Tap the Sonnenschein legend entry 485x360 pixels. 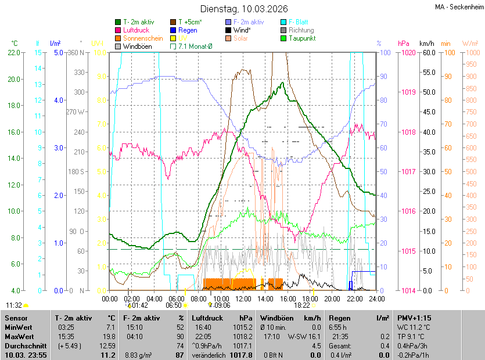click(x=143, y=38)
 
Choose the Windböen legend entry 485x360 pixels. click(x=137, y=46)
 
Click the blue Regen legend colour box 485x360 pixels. click(x=173, y=30)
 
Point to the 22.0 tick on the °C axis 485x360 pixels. click(x=13, y=53)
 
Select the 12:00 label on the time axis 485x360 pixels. click(x=243, y=299)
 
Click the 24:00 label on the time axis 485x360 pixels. click(x=377, y=299)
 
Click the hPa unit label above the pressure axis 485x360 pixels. click(x=403, y=44)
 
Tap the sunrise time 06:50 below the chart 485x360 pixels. click(x=174, y=305)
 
